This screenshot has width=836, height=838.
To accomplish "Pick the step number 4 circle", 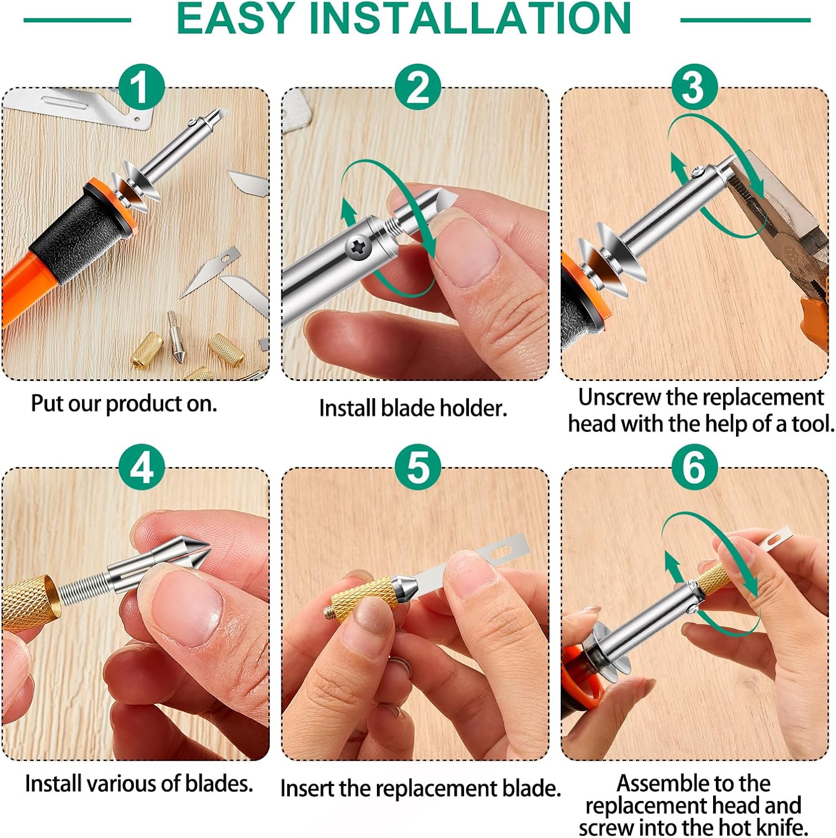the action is [141, 467].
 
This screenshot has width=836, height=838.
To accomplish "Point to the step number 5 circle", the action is [418, 467].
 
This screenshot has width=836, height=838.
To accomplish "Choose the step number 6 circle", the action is [694, 467].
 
